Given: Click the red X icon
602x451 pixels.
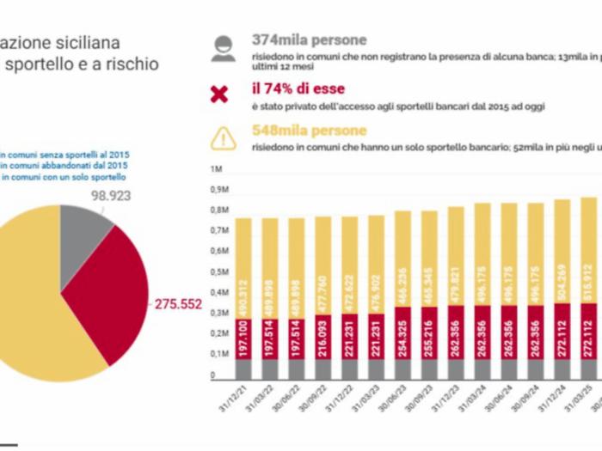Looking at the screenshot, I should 220,94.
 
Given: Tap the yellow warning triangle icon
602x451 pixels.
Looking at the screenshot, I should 221,137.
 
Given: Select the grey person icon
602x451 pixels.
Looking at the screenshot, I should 221,48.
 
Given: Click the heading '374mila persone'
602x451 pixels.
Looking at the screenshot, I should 309,40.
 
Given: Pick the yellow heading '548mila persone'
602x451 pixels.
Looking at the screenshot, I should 309,131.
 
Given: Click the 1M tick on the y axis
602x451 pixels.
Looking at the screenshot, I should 217,168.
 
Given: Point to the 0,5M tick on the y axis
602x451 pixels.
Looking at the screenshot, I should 218,272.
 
